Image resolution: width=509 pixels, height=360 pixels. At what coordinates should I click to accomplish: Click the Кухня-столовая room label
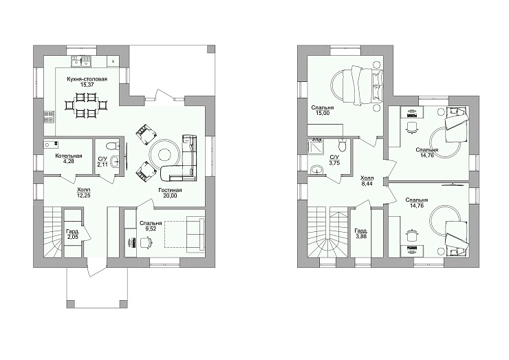[87, 79]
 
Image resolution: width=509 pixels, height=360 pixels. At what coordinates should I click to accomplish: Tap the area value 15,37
[87, 85]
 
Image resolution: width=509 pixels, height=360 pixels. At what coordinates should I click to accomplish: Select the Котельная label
[69, 156]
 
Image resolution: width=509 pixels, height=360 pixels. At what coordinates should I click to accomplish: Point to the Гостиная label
[170, 190]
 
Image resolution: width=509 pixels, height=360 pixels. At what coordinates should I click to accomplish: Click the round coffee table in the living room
[164, 153]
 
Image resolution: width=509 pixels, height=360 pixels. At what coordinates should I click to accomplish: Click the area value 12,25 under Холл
[84, 195]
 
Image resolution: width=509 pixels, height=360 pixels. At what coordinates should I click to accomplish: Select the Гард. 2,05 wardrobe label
[73, 234]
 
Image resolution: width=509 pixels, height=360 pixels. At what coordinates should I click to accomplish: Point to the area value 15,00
[323, 113]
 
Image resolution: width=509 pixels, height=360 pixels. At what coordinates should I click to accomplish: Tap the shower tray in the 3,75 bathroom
[316, 145]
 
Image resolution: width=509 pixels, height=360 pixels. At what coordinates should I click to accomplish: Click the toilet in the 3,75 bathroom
[342, 145]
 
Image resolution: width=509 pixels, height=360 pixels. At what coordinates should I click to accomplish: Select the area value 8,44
[367, 184]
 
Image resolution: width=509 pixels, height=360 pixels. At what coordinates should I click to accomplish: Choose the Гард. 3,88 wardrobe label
[361, 233]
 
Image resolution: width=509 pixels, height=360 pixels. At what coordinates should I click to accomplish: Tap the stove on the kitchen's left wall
[49, 117]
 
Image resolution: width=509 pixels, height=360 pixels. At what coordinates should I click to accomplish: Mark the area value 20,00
[170, 195]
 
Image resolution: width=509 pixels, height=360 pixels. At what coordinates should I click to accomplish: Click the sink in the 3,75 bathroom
[316, 170]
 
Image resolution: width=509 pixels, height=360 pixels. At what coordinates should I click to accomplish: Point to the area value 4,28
[69, 161]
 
